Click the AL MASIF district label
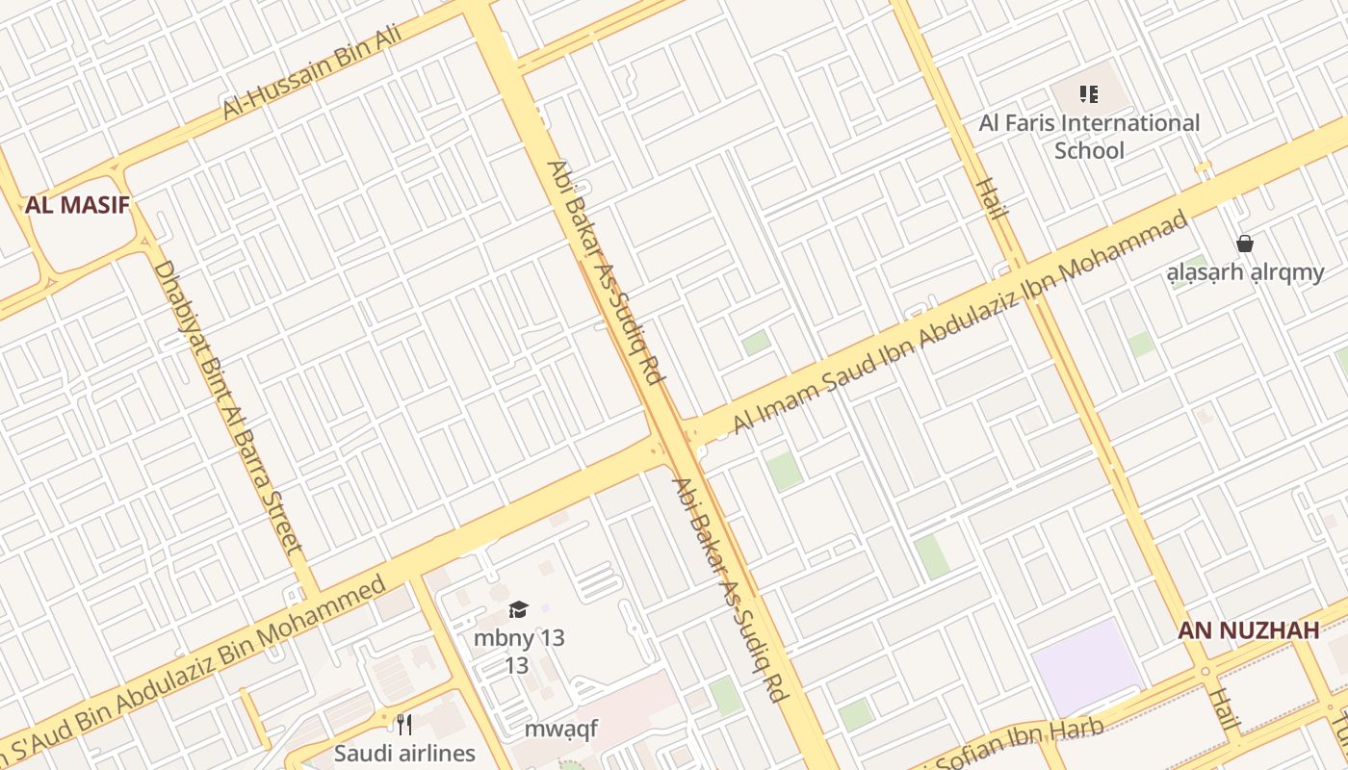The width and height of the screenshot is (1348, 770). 77,204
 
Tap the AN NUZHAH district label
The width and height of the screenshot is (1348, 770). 1248,630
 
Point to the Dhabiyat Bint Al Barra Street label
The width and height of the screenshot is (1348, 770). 228,407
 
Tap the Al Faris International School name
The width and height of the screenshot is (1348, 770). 1089,137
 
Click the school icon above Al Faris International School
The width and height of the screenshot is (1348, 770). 1089,94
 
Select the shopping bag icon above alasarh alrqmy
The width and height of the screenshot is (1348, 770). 1245,244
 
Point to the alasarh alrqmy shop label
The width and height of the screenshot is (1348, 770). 1245,272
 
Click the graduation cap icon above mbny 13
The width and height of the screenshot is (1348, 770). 519,609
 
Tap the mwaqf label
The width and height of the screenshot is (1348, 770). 560,729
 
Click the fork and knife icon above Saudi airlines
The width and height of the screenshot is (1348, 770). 404,724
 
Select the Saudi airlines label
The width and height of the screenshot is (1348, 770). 404,753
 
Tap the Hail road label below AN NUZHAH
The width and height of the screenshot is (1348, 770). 1225,710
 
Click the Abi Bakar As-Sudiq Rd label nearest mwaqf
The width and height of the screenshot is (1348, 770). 729,589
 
